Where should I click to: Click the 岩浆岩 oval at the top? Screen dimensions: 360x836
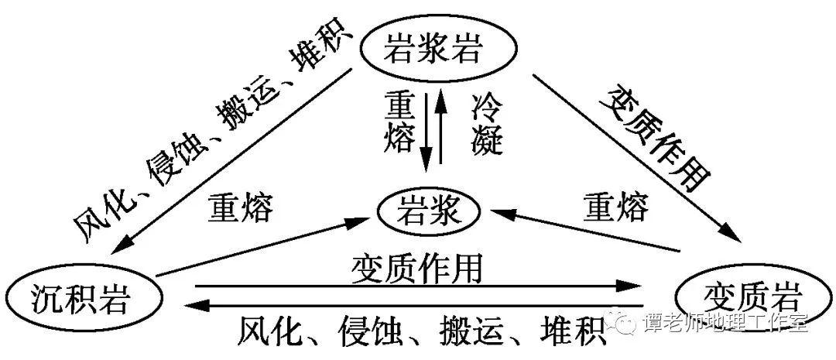click(x=433, y=52)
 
